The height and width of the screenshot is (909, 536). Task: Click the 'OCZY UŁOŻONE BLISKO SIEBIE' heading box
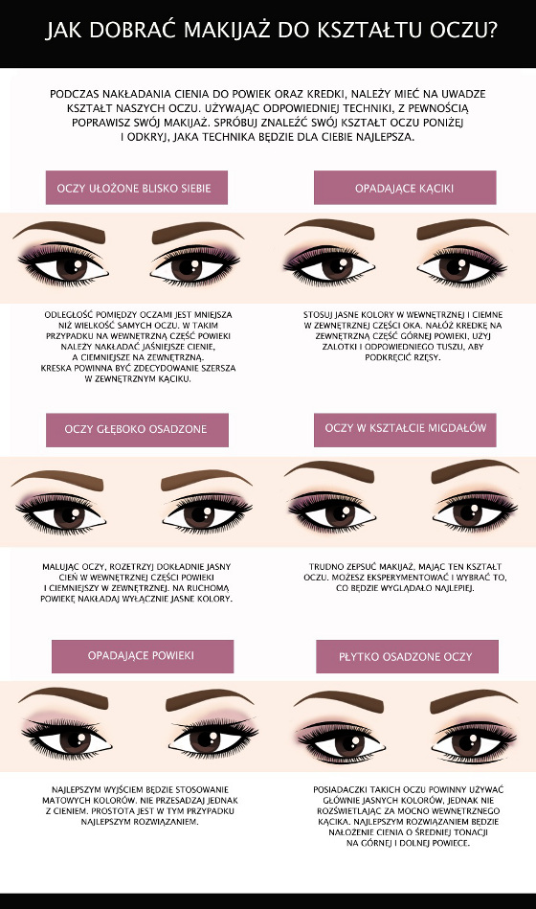[137, 188]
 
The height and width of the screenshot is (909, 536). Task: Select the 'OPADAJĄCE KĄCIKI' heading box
[405, 188]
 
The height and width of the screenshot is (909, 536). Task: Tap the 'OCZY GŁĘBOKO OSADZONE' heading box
[137, 429]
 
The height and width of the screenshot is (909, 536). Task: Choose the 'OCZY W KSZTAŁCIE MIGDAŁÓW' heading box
[405, 429]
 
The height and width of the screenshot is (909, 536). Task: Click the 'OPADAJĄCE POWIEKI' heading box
[143, 656]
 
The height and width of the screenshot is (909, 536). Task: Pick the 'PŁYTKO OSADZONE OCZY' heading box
[408, 656]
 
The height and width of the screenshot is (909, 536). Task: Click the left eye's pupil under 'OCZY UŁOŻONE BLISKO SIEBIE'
[72, 268]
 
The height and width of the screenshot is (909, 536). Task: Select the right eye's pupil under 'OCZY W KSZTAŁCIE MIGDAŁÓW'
[467, 513]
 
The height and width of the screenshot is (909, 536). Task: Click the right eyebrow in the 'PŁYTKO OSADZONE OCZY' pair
[473, 700]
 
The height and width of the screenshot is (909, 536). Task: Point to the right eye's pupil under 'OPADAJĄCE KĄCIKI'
[454, 268]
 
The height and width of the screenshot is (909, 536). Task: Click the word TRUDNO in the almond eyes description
[325, 566]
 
